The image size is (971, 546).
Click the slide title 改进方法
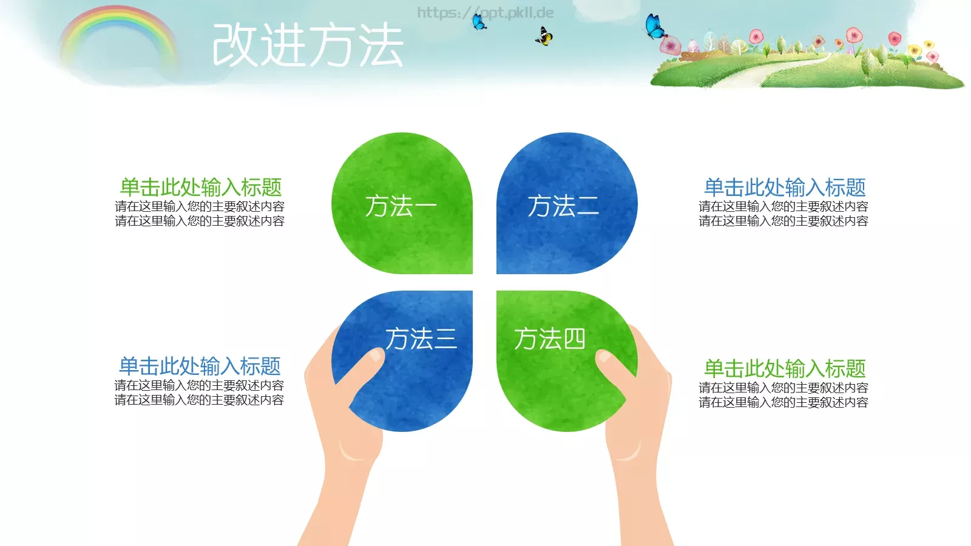(308, 45)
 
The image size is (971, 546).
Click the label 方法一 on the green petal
(401, 206)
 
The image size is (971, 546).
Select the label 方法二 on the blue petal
(563, 206)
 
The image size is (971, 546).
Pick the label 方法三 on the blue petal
(421, 339)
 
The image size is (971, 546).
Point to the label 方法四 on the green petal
(549, 339)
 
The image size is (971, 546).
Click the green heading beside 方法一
(200, 187)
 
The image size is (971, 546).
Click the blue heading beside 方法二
(784, 187)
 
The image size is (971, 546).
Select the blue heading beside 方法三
(200, 366)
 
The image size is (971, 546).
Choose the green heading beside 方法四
(784, 368)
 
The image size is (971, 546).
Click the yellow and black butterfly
(544, 37)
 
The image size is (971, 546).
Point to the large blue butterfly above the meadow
(654, 27)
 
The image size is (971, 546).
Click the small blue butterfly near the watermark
(479, 22)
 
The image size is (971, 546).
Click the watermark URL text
(486, 12)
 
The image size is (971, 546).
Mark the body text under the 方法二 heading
(783, 214)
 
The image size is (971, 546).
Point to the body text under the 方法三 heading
(199, 393)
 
